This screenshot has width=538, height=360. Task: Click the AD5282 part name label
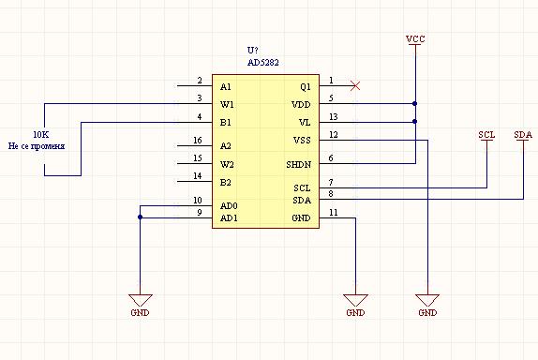click(x=263, y=63)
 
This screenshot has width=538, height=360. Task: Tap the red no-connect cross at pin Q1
click(x=355, y=85)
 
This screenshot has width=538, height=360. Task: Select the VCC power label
click(x=415, y=39)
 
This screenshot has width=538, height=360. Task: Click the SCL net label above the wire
click(x=486, y=135)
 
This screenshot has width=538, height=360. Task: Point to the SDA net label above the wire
click(x=523, y=135)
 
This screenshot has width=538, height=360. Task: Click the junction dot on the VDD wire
click(x=415, y=103)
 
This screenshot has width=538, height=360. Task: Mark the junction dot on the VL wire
click(x=415, y=121)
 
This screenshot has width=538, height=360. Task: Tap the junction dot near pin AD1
click(x=140, y=217)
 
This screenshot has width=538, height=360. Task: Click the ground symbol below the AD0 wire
click(x=140, y=300)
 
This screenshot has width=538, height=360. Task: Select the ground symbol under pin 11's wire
click(x=355, y=300)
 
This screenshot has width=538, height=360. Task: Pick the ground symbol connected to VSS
click(x=427, y=300)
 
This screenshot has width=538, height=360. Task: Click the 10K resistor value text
click(x=41, y=134)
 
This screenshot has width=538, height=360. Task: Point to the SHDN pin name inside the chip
click(x=298, y=165)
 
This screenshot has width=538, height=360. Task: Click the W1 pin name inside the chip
click(x=227, y=104)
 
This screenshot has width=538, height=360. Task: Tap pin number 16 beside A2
click(x=197, y=141)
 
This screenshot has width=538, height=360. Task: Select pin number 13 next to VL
click(x=333, y=117)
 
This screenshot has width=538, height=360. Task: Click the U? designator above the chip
click(x=252, y=50)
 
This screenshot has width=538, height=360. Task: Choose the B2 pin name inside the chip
click(x=226, y=183)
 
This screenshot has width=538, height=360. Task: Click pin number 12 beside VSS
click(x=333, y=135)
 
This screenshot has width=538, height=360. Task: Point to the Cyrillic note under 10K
click(x=37, y=146)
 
